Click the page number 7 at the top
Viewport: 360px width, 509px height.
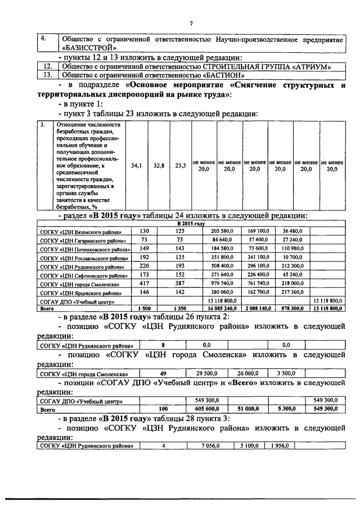click(191, 23)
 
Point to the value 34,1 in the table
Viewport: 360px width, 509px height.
click(137, 166)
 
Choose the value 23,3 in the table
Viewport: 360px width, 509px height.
click(181, 166)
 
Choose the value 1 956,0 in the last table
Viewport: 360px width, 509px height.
click(278, 447)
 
